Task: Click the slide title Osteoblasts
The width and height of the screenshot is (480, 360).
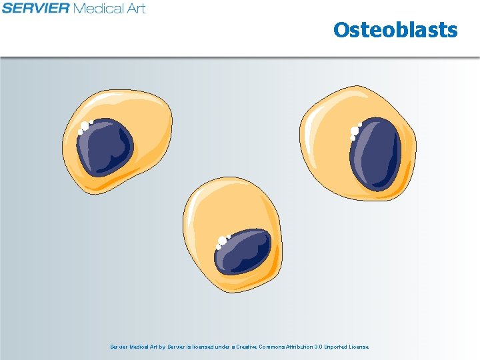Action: point(395,30)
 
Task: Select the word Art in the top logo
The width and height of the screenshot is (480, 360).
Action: point(136,9)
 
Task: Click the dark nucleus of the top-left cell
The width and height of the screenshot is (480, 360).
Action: point(105,147)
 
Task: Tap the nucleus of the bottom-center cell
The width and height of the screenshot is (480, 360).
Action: point(244,252)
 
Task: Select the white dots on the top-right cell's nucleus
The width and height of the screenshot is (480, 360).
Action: point(355,131)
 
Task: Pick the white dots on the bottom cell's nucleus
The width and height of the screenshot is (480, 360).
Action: point(221,241)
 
